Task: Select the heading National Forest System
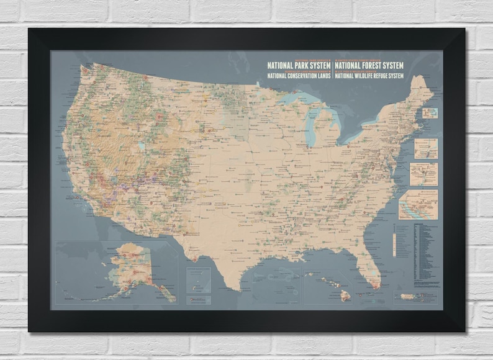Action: (369, 65)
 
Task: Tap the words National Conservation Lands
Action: (299, 76)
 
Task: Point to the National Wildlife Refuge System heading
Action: (369, 76)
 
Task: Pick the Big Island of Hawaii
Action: (346, 296)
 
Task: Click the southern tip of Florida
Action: (376, 286)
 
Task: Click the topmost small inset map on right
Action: (430, 113)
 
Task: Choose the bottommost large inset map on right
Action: (418, 204)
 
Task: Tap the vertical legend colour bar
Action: (396, 245)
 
